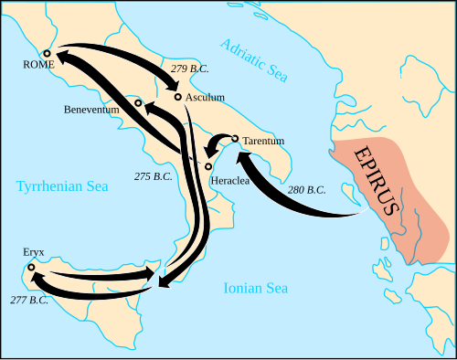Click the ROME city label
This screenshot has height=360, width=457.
(x=39, y=65)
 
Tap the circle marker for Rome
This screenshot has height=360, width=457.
(x=48, y=53)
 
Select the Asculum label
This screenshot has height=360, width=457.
(x=205, y=97)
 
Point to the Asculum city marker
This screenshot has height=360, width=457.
(x=177, y=96)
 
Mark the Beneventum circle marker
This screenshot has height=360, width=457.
(x=138, y=102)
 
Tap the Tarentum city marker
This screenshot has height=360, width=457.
(x=235, y=139)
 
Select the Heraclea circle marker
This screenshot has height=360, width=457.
(x=208, y=166)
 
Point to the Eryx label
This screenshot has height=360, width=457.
(x=34, y=251)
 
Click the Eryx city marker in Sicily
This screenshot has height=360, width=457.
(x=31, y=268)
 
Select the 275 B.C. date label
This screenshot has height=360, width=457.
(x=153, y=175)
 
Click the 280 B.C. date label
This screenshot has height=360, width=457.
(x=306, y=190)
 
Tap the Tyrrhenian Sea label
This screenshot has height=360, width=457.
(x=62, y=186)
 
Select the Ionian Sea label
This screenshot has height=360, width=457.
(x=256, y=289)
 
